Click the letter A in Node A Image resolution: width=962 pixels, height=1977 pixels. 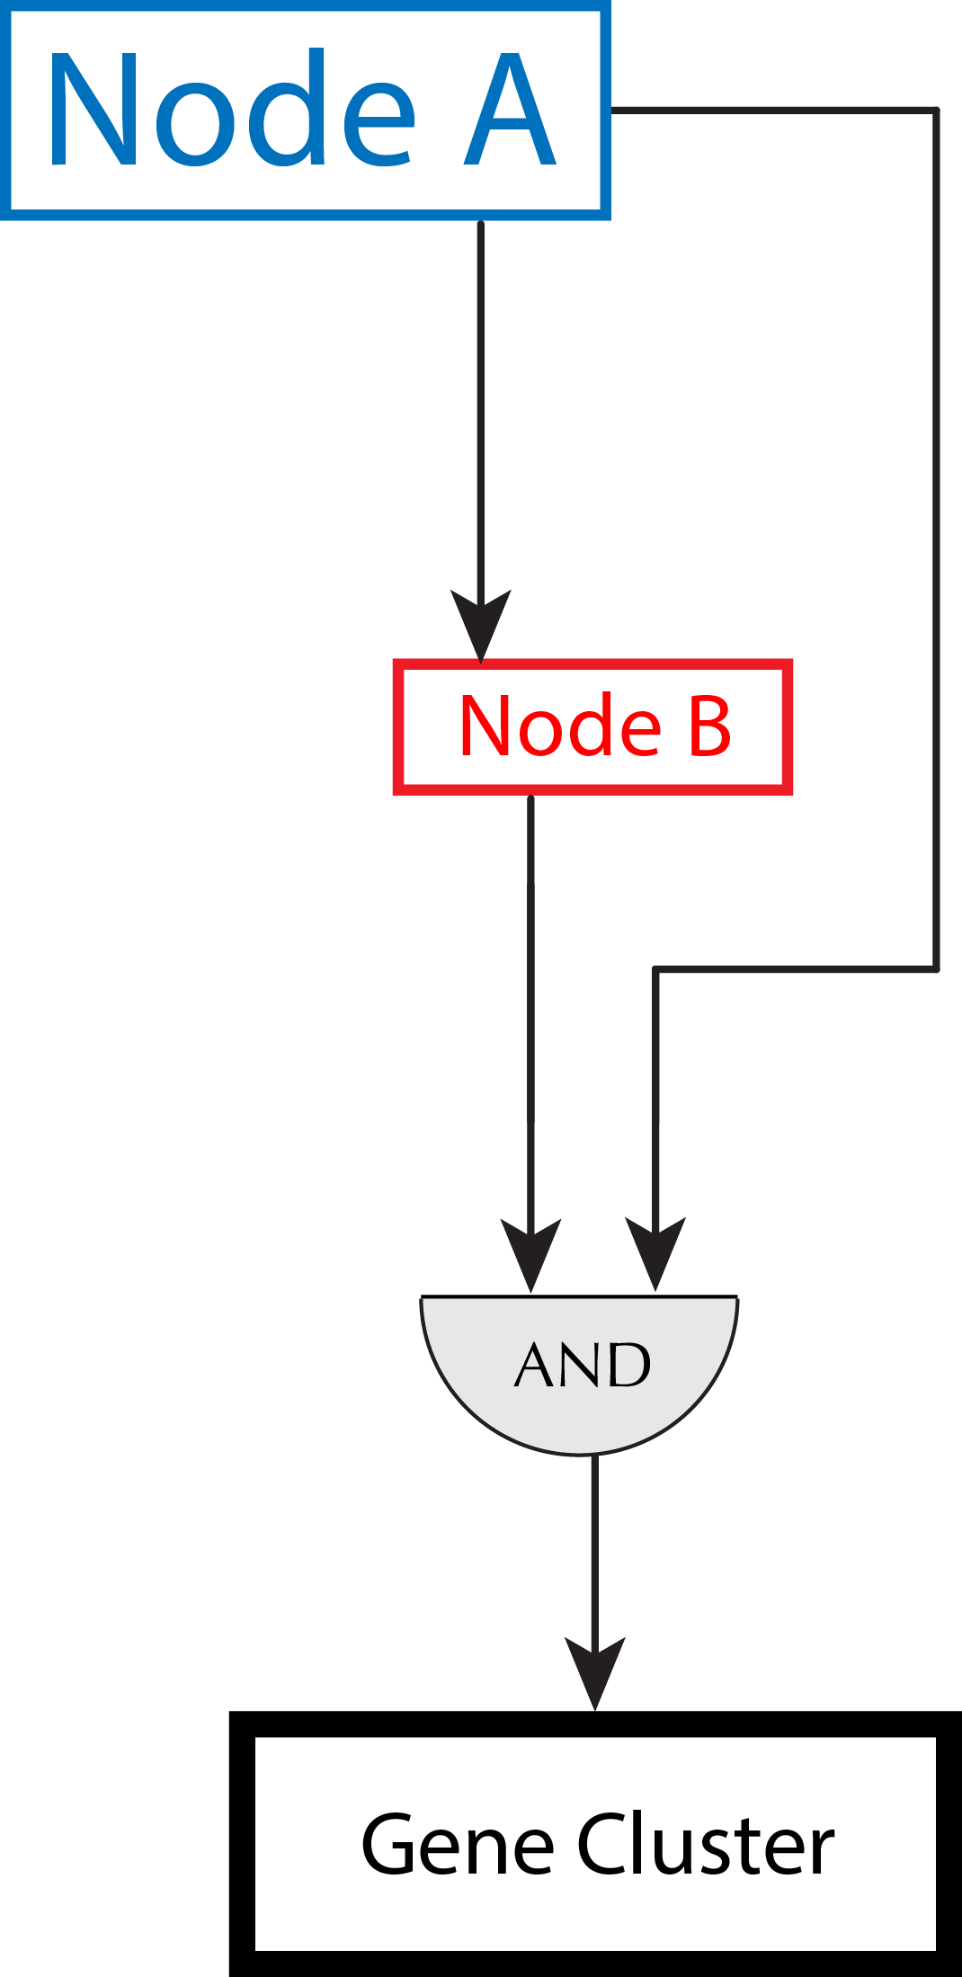[x=511, y=110]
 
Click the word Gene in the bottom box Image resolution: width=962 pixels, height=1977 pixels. [x=457, y=1845]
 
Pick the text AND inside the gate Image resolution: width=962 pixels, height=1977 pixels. [x=583, y=1365]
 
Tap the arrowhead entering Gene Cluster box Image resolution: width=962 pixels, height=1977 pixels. [x=595, y=1670]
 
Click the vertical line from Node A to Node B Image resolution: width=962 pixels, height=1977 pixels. [x=481, y=405]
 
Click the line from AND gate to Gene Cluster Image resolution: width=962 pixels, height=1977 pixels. [x=594, y=1546]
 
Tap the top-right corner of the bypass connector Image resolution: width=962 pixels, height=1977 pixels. [x=937, y=111]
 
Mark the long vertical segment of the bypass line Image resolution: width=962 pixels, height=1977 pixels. [x=937, y=539]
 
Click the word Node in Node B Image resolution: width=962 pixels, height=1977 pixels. [x=560, y=726]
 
